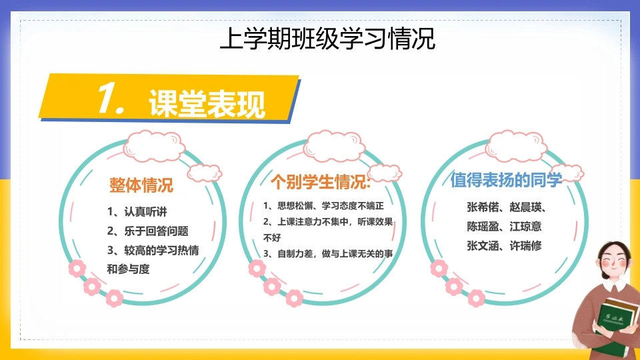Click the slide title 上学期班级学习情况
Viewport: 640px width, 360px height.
click(327, 39)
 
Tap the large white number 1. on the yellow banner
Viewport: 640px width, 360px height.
click(111, 98)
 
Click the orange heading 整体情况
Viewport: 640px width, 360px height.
click(141, 185)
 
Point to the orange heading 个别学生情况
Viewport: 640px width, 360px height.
click(321, 181)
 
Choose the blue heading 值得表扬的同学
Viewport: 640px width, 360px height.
click(506, 179)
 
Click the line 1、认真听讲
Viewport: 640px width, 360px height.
click(137, 211)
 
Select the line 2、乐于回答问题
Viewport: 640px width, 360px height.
click(148, 231)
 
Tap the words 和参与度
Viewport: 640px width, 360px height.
click(128, 269)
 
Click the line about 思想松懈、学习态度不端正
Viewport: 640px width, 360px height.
click(323, 206)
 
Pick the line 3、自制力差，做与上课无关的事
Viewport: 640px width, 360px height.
click(328, 253)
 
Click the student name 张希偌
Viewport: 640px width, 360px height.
click(483, 207)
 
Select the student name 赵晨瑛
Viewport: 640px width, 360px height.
click(526, 207)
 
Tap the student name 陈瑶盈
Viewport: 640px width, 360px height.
click(483, 227)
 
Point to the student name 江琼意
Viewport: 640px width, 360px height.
click(526, 227)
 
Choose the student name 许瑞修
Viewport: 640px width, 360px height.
click(526, 246)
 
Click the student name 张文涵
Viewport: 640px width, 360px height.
click(483, 246)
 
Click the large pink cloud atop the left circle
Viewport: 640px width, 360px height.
click(154, 147)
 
